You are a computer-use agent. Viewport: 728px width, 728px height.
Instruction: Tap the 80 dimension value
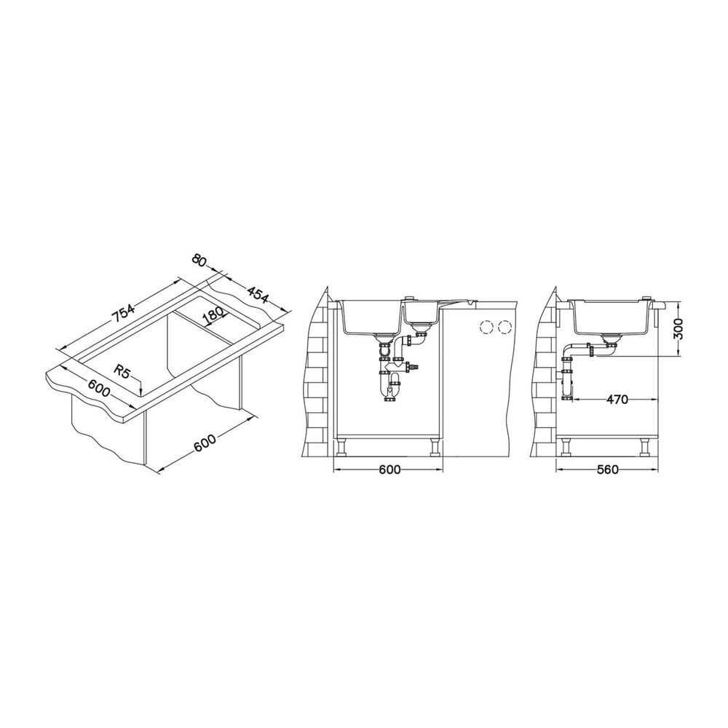coord(198,261)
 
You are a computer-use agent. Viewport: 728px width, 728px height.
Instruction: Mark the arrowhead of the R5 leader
coord(139,395)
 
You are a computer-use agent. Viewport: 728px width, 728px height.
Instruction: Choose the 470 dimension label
coord(617,399)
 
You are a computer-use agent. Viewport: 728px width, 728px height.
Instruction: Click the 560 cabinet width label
coord(608,470)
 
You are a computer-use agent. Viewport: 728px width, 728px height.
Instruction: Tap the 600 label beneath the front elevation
coord(389,470)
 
